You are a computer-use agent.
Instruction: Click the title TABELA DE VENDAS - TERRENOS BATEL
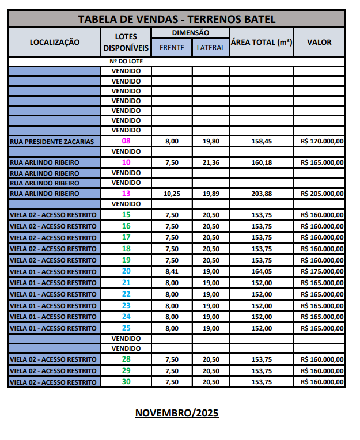click(176, 19)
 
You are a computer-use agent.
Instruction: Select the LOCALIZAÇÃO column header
click(55, 41)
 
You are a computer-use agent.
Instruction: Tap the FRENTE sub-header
click(172, 48)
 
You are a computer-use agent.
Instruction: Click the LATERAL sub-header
click(210, 48)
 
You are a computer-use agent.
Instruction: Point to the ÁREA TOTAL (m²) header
click(262, 42)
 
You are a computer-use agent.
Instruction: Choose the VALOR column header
click(319, 42)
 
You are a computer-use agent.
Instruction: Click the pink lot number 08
click(126, 141)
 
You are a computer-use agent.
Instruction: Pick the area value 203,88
click(262, 194)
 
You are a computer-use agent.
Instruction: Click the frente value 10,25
click(172, 194)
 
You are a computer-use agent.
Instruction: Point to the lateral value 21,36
click(211, 162)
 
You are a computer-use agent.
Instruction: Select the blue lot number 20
click(126, 271)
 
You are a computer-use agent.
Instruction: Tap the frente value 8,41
click(172, 271)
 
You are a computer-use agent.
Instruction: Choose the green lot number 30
click(126, 382)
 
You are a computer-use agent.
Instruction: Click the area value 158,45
click(262, 142)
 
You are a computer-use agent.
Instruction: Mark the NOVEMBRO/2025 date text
click(177, 413)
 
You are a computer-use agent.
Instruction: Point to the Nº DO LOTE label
click(126, 61)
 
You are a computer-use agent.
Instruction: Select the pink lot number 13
click(126, 194)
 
